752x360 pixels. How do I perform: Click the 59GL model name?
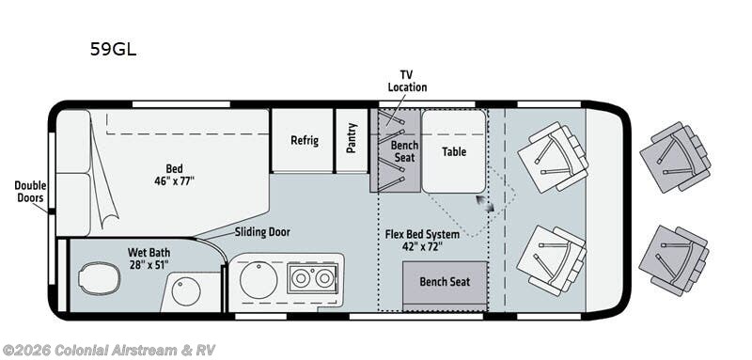coord(113,49)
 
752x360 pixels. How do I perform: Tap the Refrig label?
coord(305,140)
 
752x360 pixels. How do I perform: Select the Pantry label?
coord(352,138)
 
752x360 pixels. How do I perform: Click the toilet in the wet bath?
coord(100,278)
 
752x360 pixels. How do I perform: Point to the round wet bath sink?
coord(186,291)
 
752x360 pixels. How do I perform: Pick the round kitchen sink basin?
coord(258,280)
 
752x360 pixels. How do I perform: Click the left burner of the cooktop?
coord(301,278)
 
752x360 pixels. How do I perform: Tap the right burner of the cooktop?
coord(324,278)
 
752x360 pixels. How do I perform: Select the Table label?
coord(454,151)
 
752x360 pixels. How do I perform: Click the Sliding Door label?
coord(262,232)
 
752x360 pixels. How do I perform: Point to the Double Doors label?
coord(30,191)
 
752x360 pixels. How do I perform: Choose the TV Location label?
coord(407,81)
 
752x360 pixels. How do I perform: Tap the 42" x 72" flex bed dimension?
coord(422,247)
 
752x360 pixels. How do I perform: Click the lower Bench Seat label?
coord(445,282)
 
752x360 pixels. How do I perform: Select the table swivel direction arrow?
coord(485,203)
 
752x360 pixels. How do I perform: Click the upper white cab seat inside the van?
coord(553,157)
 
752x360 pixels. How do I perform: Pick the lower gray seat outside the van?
coord(674,260)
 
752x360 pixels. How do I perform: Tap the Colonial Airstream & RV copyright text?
coord(108,350)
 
